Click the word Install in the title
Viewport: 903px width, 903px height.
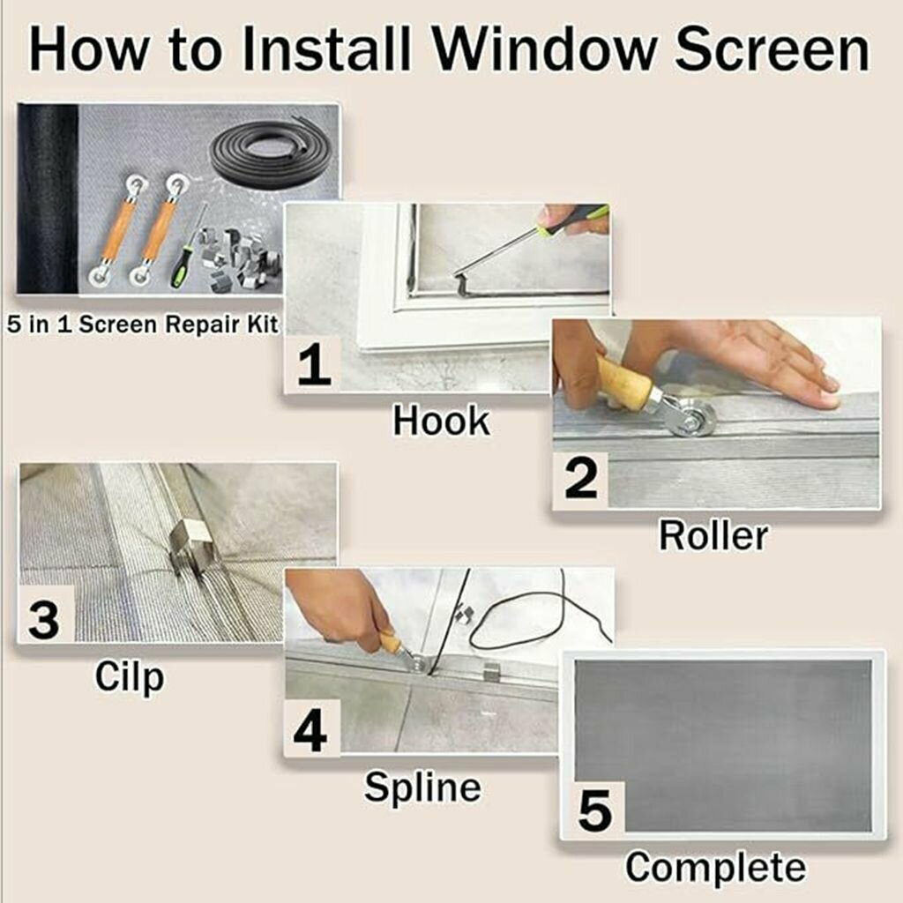326,49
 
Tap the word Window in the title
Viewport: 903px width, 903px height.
544,49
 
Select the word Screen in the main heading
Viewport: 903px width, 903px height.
772,49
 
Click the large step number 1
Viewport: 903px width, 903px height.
314,366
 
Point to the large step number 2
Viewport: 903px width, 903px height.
580,480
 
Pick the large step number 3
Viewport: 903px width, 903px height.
44,620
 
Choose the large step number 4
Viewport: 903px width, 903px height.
310,732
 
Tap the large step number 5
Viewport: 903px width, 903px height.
594,811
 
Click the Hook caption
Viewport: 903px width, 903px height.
441,421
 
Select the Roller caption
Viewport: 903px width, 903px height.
713,535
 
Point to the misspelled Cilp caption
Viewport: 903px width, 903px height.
129,678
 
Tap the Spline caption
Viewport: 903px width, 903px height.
422,787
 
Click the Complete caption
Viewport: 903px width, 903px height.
716,868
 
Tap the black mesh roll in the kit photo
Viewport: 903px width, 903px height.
48,198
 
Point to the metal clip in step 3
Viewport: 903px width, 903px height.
191,547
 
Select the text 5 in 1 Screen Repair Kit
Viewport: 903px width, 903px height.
143,325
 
